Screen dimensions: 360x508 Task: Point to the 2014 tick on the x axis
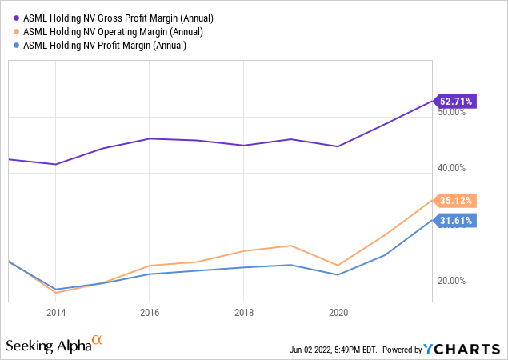(56, 313)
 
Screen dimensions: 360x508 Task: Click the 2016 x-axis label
(150, 313)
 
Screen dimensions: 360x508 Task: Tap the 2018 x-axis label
(244, 313)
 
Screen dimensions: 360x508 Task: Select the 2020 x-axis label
(338, 313)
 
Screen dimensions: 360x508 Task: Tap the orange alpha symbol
(98, 341)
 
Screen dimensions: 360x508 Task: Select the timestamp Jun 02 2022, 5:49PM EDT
(334, 350)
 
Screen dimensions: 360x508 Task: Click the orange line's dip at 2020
(338, 265)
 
